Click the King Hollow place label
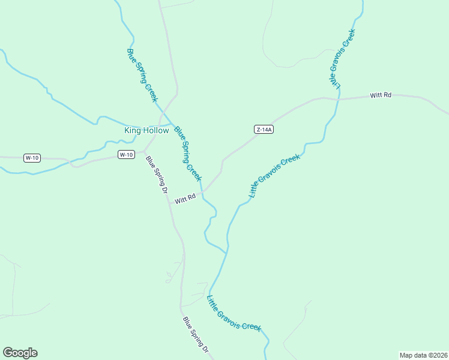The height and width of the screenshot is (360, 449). click(x=146, y=130)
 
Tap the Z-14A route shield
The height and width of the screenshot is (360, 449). click(x=264, y=129)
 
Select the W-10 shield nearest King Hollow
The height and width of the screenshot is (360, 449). click(x=125, y=155)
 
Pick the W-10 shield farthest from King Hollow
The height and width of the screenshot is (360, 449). click(x=32, y=158)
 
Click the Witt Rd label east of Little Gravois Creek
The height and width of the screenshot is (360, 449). click(x=381, y=95)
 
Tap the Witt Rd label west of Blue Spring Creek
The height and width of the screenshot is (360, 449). click(x=185, y=198)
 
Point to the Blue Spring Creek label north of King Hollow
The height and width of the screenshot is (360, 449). click(x=142, y=74)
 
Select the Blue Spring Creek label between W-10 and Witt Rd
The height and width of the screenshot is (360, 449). click(x=188, y=153)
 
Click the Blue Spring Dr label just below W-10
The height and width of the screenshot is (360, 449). click(x=157, y=175)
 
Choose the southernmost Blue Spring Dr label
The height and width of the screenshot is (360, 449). click(x=196, y=334)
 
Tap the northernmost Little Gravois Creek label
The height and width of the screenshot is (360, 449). click(x=342, y=59)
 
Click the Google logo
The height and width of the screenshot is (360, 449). click(x=20, y=353)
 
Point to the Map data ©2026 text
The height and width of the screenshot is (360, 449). click(x=423, y=355)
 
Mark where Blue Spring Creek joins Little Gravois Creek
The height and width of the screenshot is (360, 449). click(x=226, y=253)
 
